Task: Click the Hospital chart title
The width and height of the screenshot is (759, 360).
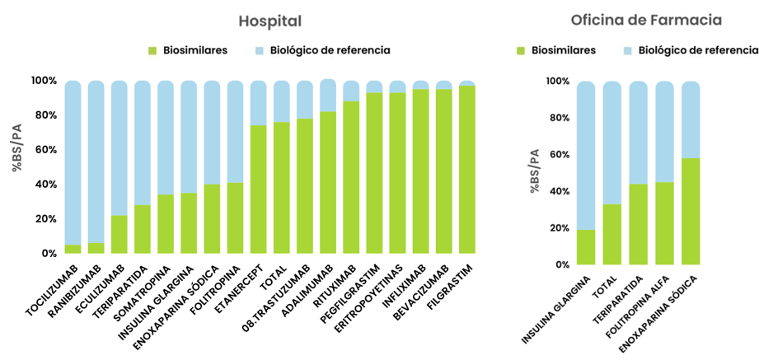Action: tap(269, 21)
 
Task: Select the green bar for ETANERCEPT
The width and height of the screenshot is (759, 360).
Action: tap(259, 189)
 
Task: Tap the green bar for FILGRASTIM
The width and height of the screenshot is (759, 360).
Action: tap(467, 170)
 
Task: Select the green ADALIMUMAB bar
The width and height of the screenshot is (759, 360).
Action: tap(328, 183)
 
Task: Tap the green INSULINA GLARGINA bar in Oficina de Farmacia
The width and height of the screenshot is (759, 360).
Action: tap(586, 247)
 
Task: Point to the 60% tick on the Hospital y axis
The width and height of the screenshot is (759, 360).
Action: tap(43, 150)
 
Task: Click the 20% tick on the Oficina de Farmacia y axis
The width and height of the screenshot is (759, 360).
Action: tap(558, 228)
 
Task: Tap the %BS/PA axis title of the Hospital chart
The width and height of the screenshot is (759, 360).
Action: tap(16, 149)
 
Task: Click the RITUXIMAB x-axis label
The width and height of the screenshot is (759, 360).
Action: tap(337, 285)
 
